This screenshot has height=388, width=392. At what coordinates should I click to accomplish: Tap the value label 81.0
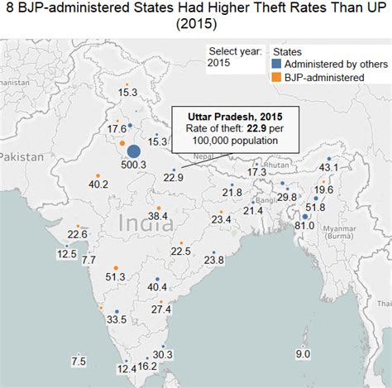(305, 224)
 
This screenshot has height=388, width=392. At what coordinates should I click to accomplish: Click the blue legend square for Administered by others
(275, 64)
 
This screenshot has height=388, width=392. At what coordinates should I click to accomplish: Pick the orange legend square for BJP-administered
(275, 77)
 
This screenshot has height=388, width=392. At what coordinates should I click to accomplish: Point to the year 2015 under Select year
(219, 63)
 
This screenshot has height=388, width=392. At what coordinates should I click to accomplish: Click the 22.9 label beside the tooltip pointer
(173, 177)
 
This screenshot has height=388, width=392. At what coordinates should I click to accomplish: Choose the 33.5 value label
(117, 319)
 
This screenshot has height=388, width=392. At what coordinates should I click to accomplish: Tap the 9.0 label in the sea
(303, 354)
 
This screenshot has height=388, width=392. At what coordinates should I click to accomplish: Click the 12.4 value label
(127, 369)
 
